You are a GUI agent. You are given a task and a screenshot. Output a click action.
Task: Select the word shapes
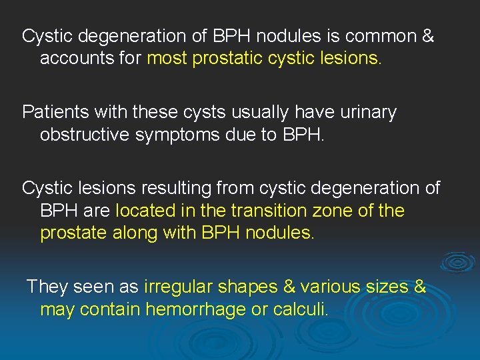[251, 287]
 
